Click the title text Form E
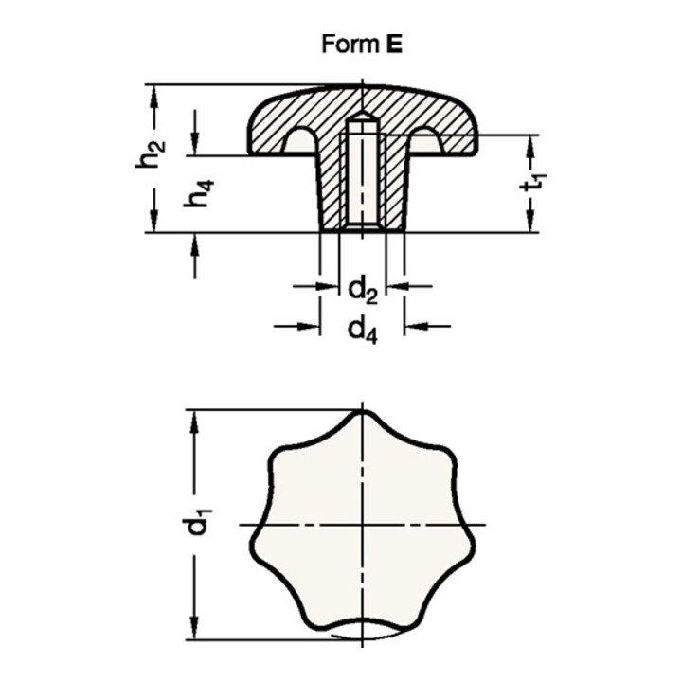point(362,45)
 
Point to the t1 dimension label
point(535,182)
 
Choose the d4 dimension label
point(363,330)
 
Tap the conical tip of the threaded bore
point(362,118)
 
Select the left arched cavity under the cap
point(301,142)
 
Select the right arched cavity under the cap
point(424,142)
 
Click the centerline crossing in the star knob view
point(362,524)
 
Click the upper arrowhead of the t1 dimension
point(532,142)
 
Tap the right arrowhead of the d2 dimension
point(394,285)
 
